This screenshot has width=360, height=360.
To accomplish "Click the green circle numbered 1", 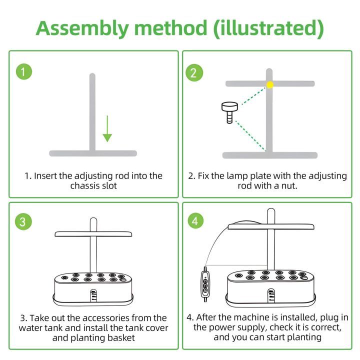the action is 24,71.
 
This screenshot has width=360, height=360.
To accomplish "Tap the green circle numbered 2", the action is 194,73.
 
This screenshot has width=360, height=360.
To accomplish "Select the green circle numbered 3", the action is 23,221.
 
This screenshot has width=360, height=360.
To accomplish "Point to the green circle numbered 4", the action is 195,220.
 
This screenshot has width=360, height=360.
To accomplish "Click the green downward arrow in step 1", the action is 107,128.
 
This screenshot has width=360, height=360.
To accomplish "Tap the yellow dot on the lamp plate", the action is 270,84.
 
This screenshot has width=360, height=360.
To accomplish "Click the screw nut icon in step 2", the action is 229,112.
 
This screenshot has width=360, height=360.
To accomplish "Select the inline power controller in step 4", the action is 205,284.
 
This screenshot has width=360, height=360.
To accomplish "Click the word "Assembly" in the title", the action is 82,28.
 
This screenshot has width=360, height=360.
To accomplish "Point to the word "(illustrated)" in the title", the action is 268,28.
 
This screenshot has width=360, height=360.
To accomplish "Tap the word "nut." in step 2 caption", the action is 289,185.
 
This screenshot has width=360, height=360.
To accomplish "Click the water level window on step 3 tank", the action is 93,295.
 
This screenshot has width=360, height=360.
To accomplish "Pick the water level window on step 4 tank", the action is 271,295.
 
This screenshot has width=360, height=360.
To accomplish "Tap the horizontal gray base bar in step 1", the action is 93,153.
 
